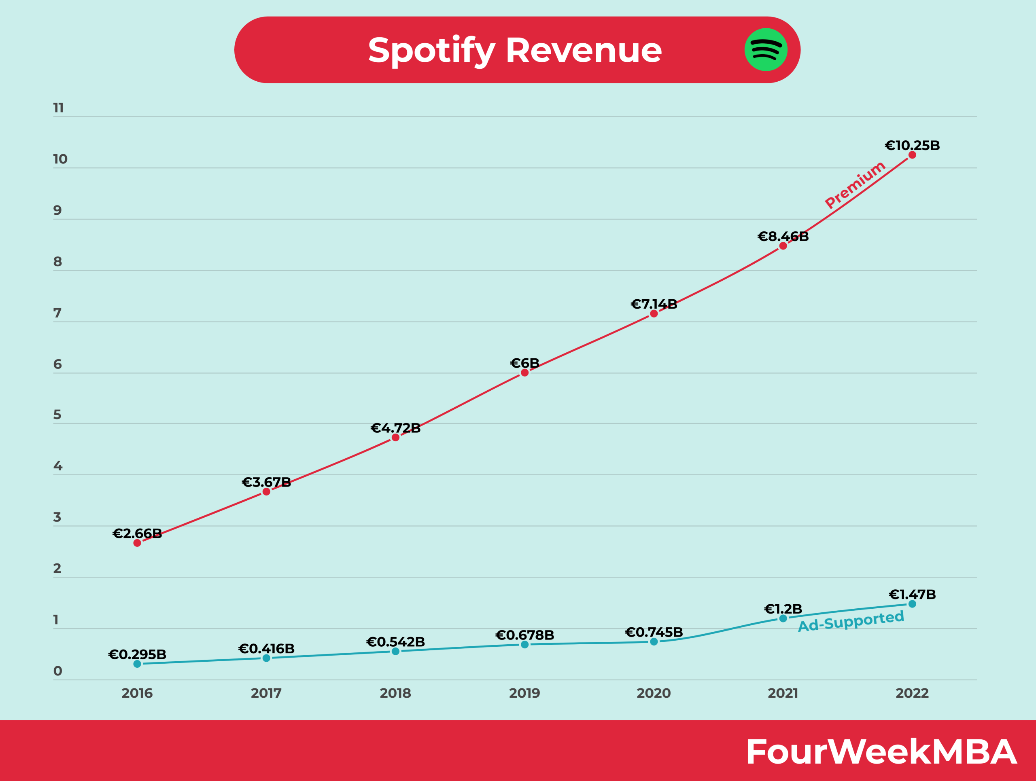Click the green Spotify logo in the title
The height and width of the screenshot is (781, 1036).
(x=766, y=50)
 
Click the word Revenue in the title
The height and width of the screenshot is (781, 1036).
(x=584, y=50)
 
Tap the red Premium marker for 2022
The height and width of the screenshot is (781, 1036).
(x=912, y=155)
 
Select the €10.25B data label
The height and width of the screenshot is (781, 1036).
(x=912, y=145)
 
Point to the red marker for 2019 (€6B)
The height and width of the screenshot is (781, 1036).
(x=524, y=373)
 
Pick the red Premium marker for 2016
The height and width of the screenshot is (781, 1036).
(x=137, y=543)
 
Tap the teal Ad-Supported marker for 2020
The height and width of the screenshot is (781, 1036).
(x=654, y=641)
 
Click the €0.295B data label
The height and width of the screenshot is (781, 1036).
(x=137, y=654)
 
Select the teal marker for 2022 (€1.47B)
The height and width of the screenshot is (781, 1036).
(x=912, y=604)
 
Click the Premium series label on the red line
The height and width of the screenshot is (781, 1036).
(x=855, y=184)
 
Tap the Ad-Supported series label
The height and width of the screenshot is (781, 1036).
(x=851, y=621)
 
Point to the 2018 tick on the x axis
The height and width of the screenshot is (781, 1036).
(x=395, y=693)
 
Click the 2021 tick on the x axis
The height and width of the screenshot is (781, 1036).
(x=783, y=693)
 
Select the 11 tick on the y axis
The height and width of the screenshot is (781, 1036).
(x=58, y=108)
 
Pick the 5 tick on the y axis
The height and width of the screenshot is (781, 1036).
(x=57, y=415)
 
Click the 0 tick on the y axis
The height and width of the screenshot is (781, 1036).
(x=57, y=671)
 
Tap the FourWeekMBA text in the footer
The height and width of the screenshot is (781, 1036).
(x=881, y=752)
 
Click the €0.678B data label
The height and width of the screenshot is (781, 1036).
(x=524, y=635)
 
